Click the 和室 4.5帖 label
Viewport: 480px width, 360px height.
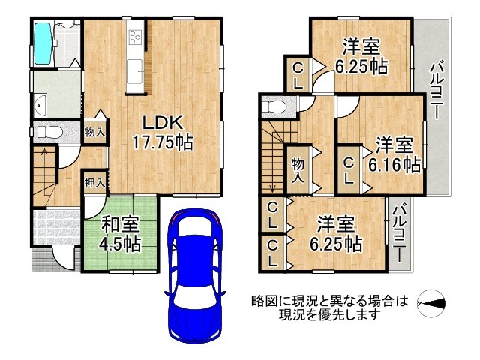click(x=120, y=233)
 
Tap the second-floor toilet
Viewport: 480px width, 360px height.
click(x=272, y=106)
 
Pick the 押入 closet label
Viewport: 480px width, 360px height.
click(x=94, y=183)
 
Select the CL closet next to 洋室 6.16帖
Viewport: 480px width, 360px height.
click(x=349, y=171)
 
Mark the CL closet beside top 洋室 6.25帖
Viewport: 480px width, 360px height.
click(x=297, y=73)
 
